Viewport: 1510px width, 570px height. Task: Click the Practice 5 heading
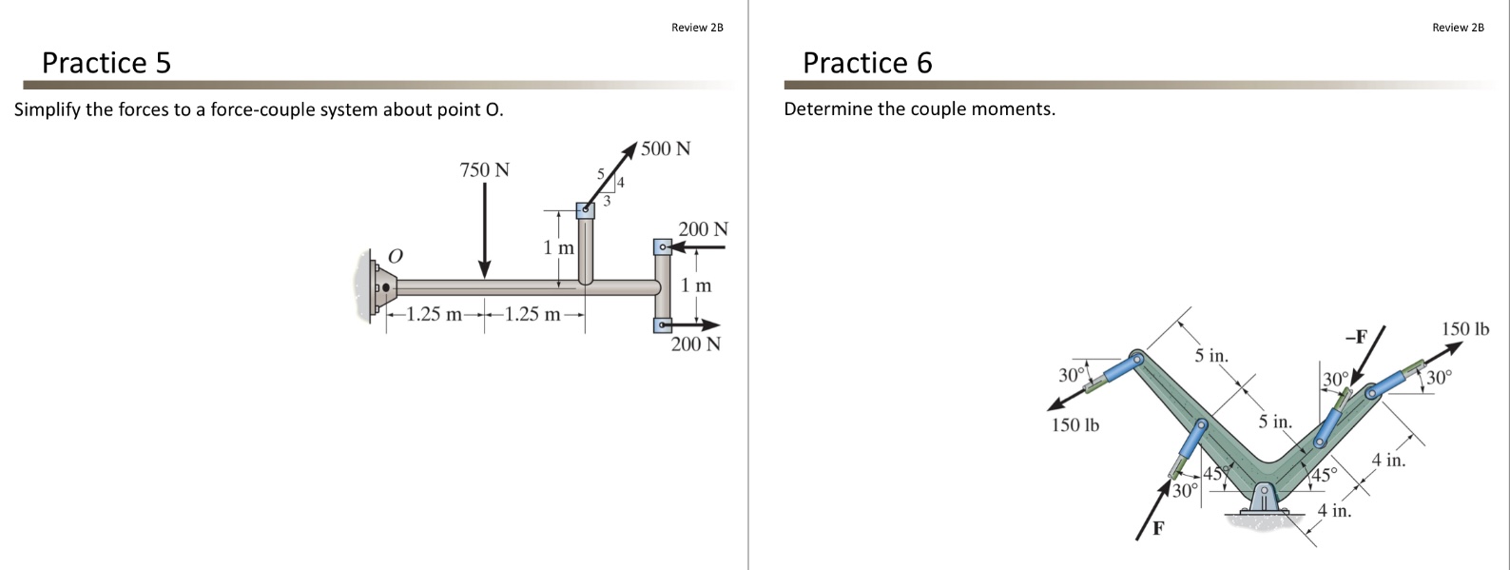coord(106,63)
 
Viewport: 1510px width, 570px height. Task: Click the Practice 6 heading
coord(867,63)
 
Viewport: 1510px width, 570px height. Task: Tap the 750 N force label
coord(484,170)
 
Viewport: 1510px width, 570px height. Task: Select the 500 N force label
coord(666,148)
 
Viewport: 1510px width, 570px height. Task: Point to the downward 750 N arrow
coord(485,228)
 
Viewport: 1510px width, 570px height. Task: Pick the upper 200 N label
coord(703,229)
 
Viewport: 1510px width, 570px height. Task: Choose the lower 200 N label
coord(695,344)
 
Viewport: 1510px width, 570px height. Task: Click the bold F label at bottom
coord(1158,528)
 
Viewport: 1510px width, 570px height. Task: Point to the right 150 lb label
coord(1465,329)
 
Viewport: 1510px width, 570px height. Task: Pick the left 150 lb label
coord(1074,424)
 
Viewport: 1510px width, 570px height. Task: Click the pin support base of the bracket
coord(1264,501)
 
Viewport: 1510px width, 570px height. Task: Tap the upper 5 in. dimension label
coord(1211,357)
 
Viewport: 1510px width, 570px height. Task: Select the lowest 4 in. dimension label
coord(1334,511)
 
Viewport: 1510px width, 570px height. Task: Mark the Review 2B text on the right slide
coord(1457,28)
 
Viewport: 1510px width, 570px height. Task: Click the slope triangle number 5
coord(600,174)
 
